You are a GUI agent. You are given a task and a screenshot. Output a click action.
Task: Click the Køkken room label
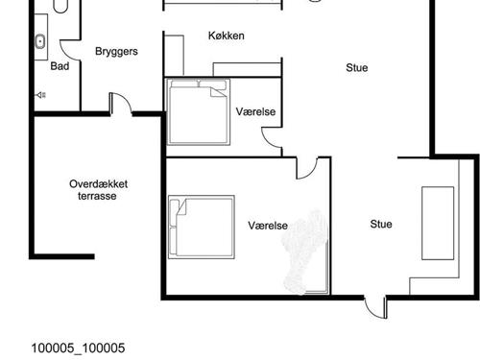pyautogui.click(x=227, y=36)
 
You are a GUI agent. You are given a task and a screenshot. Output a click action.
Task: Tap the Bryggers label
pyautogui.click(x=116, y=52)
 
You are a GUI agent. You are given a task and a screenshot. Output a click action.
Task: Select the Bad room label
pyautogui.click(x=60, y=66)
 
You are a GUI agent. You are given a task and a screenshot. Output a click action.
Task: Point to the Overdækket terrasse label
pyautogui.click(x=99, y=190)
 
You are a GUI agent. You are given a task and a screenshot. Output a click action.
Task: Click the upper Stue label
pyautogui.click(x=357, y=68)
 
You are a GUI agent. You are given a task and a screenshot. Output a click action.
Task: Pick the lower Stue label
pyautogui.click(x=381, y=224)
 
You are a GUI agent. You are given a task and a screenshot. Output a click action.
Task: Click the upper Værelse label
pyautogui.click(x=255, y=111)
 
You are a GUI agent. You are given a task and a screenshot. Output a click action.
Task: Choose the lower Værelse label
pyautogui.click(x=268, y=226)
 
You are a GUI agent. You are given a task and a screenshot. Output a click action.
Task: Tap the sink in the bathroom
pyautogui.click(x=40, y=41)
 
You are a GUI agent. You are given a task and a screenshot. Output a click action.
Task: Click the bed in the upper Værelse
pyautogui.click(x=199, y=111)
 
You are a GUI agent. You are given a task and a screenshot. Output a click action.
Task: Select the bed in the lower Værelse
pyautogui.click(x=202, y=227)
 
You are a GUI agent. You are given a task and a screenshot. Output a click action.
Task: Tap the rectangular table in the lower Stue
pyautogui.click(x=438, y=224)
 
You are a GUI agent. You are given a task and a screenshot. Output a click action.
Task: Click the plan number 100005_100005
pyautogui.click(x=78, y=348)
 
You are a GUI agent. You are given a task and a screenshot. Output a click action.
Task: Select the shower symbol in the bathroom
pyautogui.click(x=41, y=95)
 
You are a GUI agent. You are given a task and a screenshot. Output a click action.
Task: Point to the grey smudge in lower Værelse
pyautogui.click(x=304, y=252)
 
